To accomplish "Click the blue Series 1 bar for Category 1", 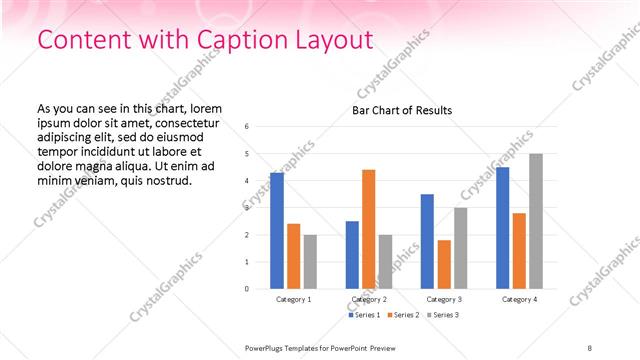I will (x=277, y=231).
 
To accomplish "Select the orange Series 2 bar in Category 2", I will (x=369, y=229).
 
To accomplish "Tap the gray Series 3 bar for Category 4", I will (x=536, y=221).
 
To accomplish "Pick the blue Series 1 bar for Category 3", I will (x=427, y=241).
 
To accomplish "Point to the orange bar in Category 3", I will (x=444, y=264).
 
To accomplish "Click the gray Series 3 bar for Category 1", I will (x=310, y=262).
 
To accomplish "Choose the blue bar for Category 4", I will (x=502, y=228).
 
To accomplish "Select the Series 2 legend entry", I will (x=402, y=315).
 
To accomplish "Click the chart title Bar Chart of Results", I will (x=402, y=110).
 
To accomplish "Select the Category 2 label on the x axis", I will (x=369, y=299).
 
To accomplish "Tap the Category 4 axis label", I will (x=519, y=299).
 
